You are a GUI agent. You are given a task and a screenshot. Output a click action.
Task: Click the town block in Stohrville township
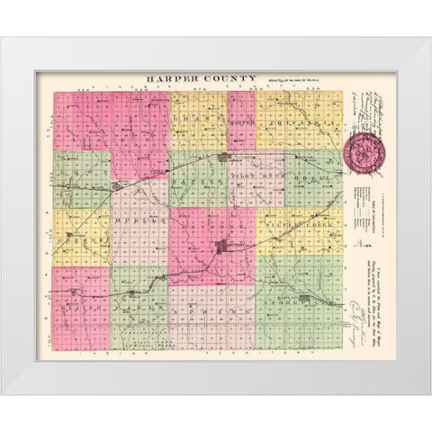pyautogui.click(x=304, y=299)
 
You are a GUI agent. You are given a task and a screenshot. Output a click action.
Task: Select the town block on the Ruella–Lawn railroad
pyautogui.click(x=117, y=186)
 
